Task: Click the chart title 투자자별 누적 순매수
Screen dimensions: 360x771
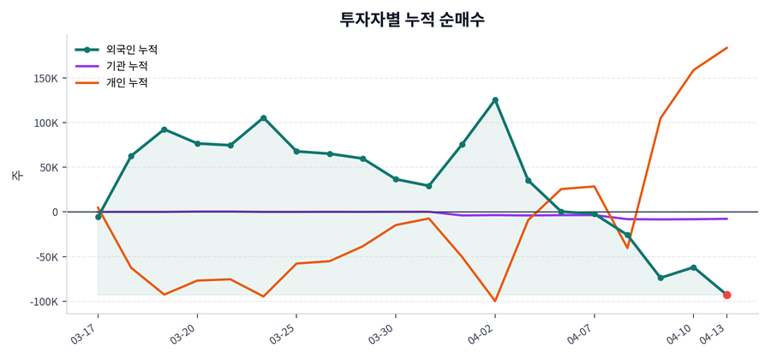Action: [x=412, y=19]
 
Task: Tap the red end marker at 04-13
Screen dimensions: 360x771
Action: [x=726, y=295]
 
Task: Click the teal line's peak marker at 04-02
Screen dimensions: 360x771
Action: [x=495, y=100]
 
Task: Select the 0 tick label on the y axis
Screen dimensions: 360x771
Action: [x=54, y=213]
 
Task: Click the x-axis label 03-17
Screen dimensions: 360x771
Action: [x=84, y=331]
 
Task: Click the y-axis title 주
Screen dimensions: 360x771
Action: [x=16, y=175]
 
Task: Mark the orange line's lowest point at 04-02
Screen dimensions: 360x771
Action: [x=495, y=301]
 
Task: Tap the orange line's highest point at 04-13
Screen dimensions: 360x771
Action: [x=726, y=48]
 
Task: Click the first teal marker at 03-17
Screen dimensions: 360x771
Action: [x=99, y=217]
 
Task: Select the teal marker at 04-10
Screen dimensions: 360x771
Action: [x=693, y=267]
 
